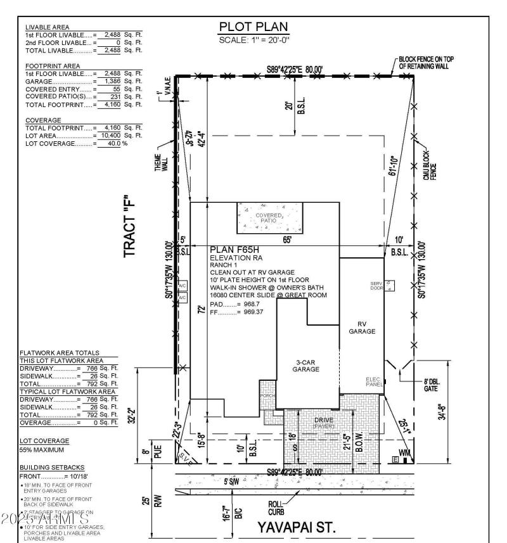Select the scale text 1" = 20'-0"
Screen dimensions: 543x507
coord(253,39)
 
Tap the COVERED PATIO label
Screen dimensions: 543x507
coord(269,217)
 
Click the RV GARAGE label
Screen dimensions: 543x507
coord(362,327)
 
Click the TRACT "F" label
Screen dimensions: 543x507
coord(131,225)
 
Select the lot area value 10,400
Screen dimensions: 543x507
coord(108,136)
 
